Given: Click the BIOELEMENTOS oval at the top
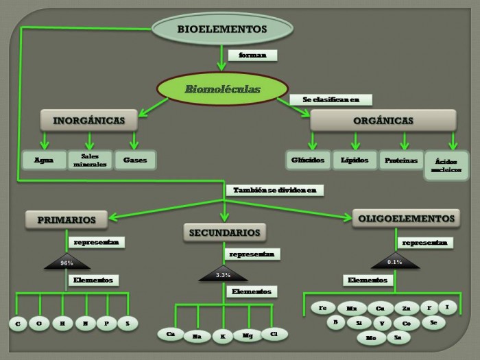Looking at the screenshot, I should (217, 29).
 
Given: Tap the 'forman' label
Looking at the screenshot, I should (252, 55).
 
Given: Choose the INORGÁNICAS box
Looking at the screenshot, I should (88, 121).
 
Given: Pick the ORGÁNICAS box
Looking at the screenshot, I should (383, 121).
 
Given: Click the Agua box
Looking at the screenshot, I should (43, 160).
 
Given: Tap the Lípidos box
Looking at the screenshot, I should (355, 160).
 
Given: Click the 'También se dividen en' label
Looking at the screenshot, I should (274, 190).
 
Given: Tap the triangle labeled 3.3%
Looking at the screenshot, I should (222, 274).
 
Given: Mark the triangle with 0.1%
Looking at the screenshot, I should (394, 261).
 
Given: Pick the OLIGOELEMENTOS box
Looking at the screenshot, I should (406, 219).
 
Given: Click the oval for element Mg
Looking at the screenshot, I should (247, 335).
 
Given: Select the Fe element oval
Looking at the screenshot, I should (323, 308).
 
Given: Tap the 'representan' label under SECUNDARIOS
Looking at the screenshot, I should (252, 254).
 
